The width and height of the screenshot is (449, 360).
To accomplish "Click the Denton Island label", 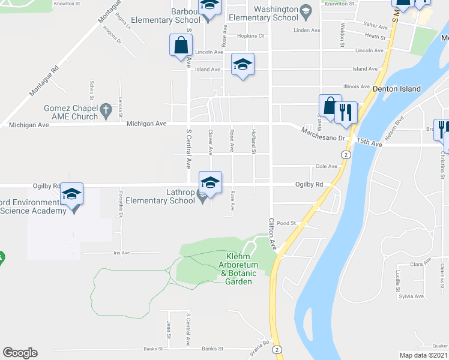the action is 397,89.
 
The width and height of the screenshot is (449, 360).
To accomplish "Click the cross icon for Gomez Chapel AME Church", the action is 106,110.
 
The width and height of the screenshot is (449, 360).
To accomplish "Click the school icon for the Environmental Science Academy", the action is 71,194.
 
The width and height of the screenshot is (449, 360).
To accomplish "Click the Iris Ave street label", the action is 121,253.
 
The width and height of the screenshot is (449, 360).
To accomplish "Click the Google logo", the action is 20,353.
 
